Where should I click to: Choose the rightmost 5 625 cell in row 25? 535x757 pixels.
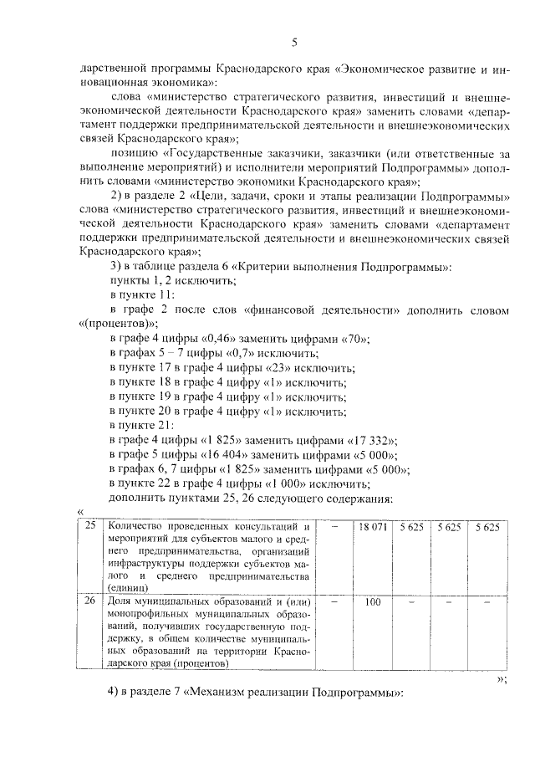click(487, 527)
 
